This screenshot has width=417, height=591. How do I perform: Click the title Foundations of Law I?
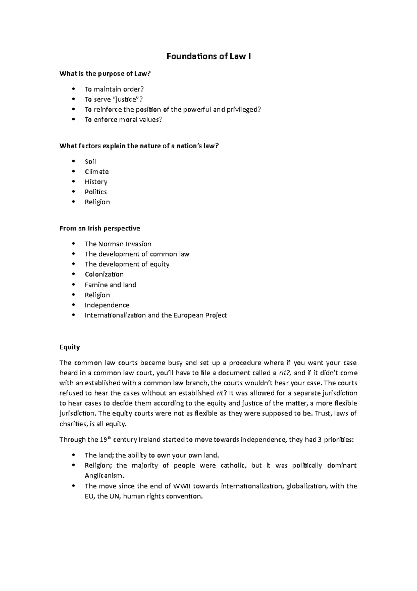(208, 56)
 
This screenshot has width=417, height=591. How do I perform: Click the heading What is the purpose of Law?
(106, 74)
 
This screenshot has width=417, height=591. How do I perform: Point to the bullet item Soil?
(90, 161)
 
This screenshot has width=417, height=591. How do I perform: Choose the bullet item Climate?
(97, 172)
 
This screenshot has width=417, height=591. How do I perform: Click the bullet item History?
(96, 182)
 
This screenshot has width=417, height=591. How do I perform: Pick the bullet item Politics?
(96, 192)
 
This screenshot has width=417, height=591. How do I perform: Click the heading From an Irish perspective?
(100, 228)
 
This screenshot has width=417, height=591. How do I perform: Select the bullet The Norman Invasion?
(118, 244)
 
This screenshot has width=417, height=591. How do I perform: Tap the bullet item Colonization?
(104, 274)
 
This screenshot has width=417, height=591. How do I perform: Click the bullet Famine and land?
(110, 285)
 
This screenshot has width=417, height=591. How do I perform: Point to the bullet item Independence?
(107, 305)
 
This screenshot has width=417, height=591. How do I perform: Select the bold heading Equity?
(70, 347)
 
